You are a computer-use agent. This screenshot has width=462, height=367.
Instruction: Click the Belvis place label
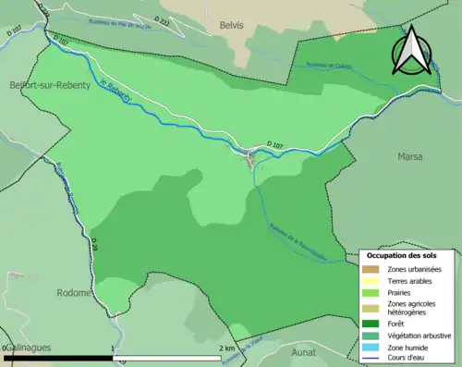click(231, 25)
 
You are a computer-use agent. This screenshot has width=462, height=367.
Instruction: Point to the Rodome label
click(74, 293)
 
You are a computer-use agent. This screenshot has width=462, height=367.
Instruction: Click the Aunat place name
click(303, 352)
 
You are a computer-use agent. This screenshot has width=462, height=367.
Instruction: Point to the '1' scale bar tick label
click(114, 349)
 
